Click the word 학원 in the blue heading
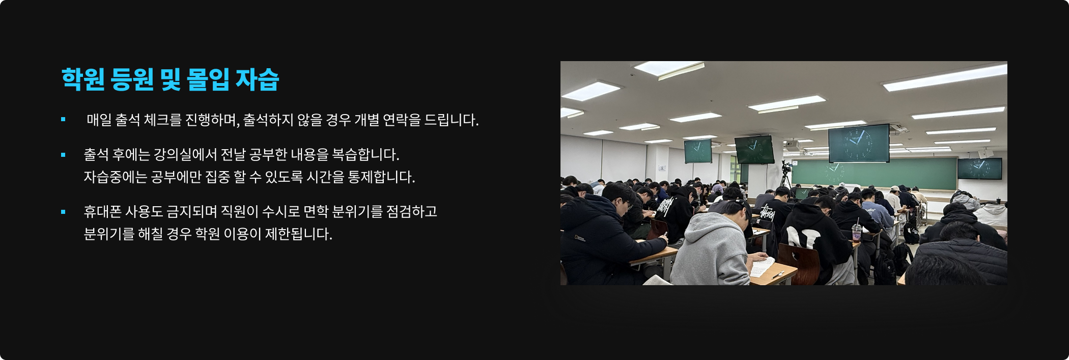tap(83, 79)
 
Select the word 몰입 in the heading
tap(208, 79)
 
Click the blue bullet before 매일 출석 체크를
tap(63, 120)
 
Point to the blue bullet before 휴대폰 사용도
tap(63, 212)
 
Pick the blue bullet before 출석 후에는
tap(63, 155)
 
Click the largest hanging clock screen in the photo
tap(859, 143)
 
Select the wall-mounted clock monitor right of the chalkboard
tap(979, 169)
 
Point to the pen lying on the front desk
tap(777, 275)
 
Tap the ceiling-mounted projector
tap(792, 146)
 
